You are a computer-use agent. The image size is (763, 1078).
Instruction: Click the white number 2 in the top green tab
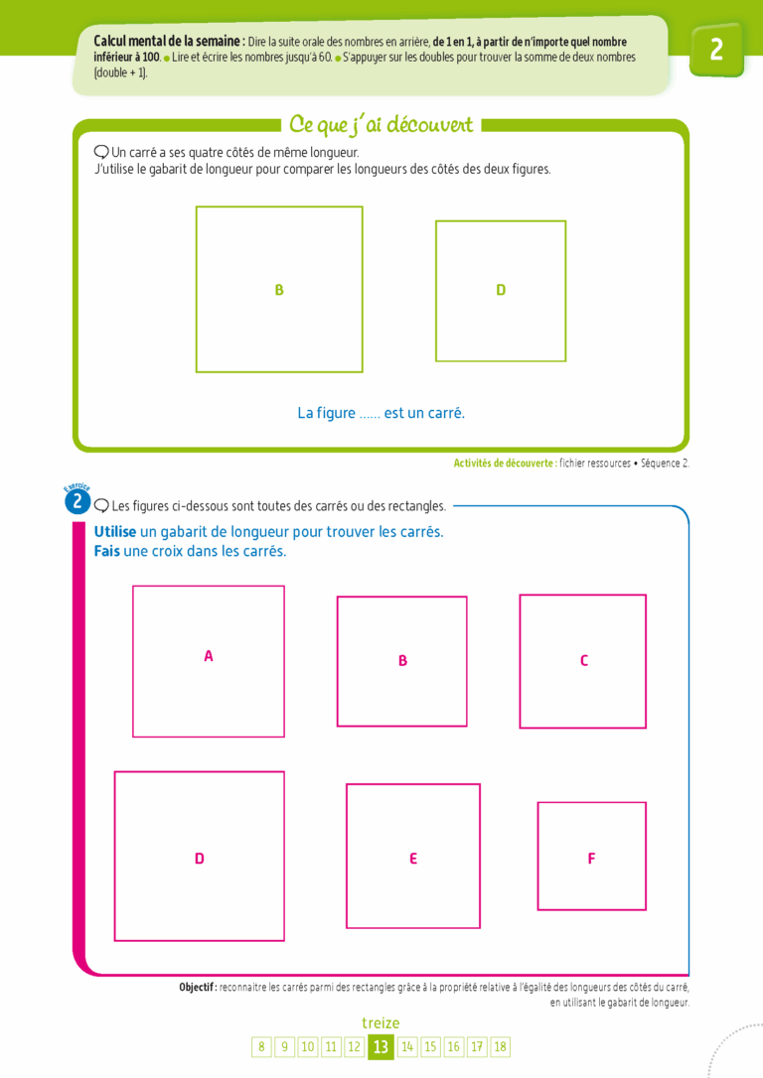tap(716, 50)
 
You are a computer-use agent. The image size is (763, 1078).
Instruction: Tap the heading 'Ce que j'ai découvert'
tap(381, 124)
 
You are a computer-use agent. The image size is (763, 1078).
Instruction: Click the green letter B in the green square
tap(279, 290)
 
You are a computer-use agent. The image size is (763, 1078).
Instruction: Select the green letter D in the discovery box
tap(501, 290)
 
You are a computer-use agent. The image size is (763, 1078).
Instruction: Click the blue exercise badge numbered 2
tap(77, 502)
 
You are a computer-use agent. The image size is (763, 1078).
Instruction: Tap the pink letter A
tap(209, 656)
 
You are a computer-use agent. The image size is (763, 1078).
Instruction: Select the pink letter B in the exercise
tap(403, 661)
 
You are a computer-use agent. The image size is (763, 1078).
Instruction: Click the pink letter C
tap(584, 661)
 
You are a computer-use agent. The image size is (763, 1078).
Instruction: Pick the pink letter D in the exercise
tap(200, 859)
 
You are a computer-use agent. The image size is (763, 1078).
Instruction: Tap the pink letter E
tap(413, 859)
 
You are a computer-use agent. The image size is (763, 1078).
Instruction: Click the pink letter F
tap(592, 859)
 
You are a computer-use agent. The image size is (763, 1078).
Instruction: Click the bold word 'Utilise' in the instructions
tap(115, 531)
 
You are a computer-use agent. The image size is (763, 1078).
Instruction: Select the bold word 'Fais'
tap(106, 551)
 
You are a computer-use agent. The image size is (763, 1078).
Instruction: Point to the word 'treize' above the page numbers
tap(381, 1023)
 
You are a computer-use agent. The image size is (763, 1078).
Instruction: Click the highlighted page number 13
tap(381, 1047)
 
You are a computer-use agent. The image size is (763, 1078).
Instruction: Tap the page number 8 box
tap(261, 1047)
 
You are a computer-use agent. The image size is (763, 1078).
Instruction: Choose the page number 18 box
tap(500, 1047)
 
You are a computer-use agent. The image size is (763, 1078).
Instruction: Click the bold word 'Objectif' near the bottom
tap(198, 988)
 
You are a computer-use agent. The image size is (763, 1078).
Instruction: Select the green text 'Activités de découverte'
tap(505, 464)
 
